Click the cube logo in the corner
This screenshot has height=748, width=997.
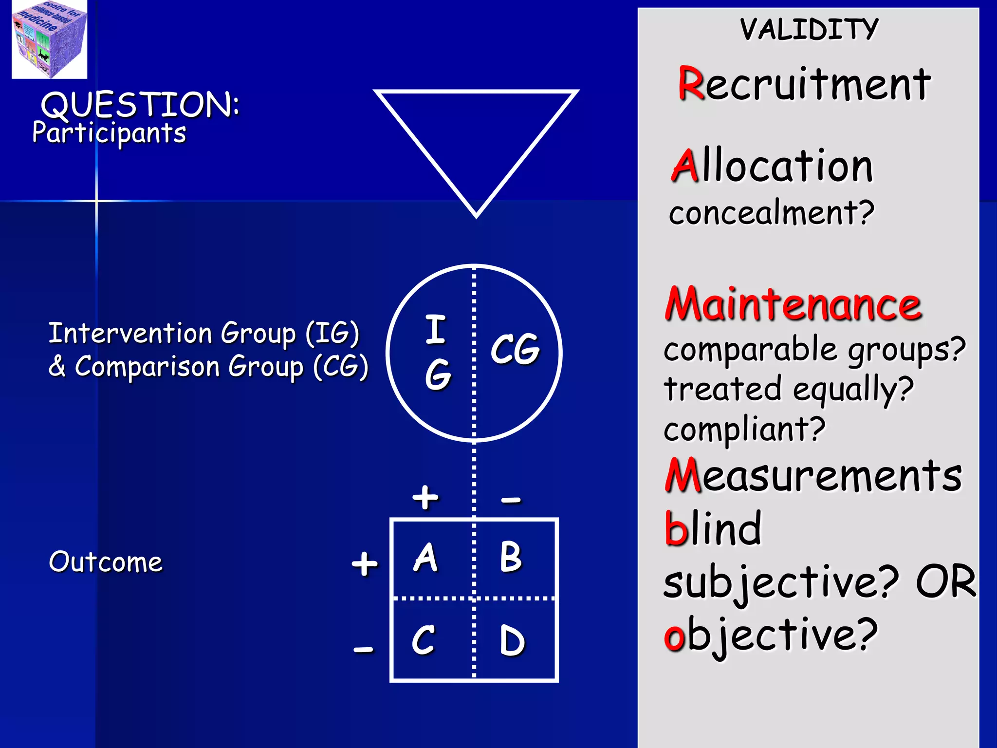pos(49,39)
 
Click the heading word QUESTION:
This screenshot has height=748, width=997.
pos(140,105)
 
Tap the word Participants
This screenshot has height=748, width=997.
pos(109,133)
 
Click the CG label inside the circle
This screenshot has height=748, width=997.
pos(515,349)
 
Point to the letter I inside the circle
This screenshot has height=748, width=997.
pos(436,330)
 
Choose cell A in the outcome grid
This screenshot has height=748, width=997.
pos(425,558)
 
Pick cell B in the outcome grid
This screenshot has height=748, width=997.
pos(511,558)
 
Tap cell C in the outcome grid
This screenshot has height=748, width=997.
pos(423,640)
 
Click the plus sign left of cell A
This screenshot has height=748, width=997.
pos(365,564)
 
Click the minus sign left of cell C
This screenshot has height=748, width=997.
pos(364,649)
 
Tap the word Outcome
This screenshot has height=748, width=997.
pos(106,562)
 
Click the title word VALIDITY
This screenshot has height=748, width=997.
pos(809,29)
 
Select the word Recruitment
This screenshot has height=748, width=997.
pos(804,85)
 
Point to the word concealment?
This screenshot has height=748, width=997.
pos(772,213)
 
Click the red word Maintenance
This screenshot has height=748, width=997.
pos(793,304)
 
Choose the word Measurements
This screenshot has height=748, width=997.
pos(813,476)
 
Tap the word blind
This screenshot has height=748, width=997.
pos(713,529)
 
